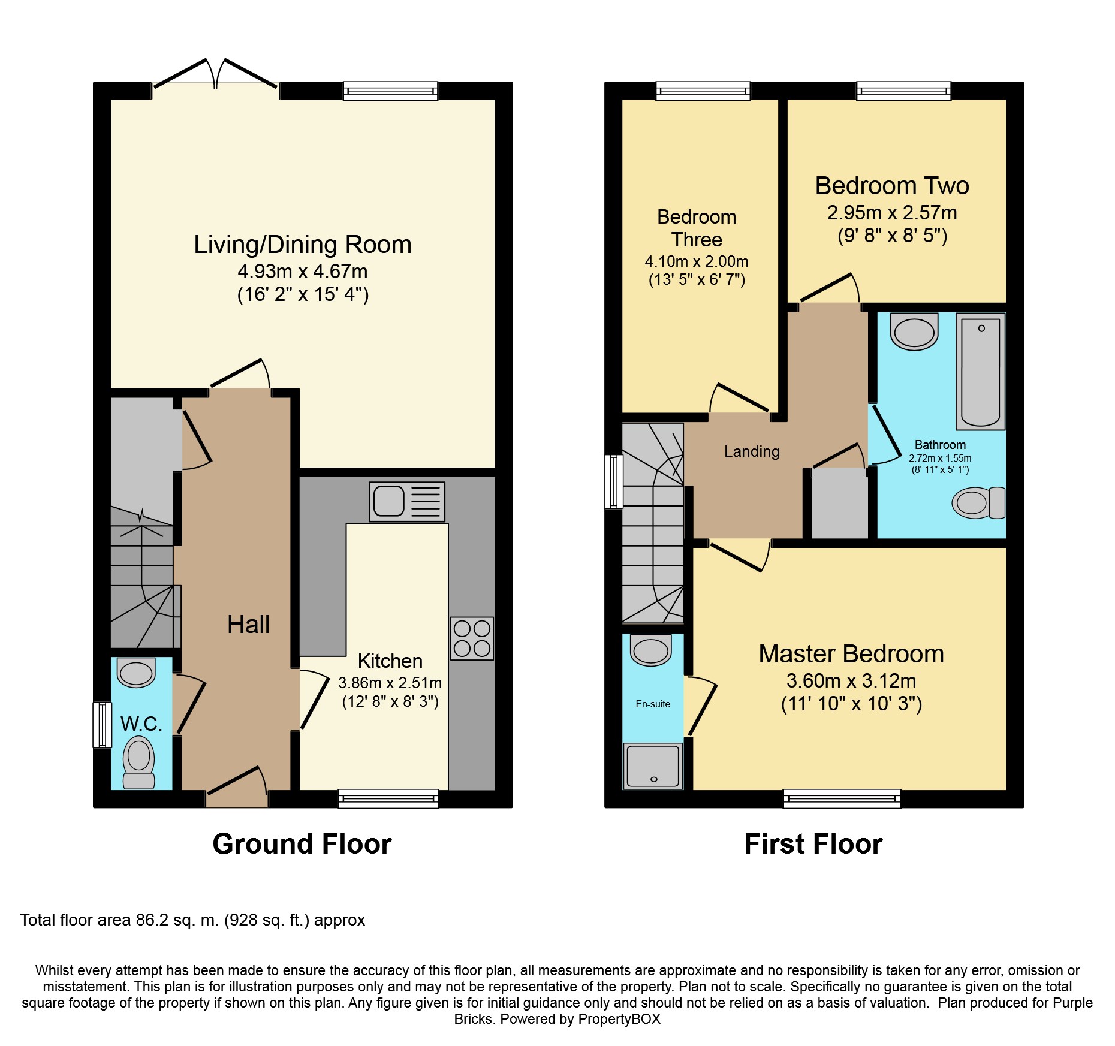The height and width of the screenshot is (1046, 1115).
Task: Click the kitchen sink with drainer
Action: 407,502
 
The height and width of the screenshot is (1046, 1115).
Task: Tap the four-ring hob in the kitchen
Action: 472,638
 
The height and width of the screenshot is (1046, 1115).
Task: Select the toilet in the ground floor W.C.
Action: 139,762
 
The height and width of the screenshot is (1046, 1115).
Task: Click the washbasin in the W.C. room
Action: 136,672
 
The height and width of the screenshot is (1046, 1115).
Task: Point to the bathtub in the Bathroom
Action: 981,372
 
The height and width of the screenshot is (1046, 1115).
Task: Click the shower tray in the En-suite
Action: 653,766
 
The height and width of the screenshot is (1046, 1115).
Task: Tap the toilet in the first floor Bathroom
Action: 978,502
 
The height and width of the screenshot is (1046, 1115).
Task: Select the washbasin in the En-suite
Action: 651,650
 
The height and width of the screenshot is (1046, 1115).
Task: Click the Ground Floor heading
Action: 302,844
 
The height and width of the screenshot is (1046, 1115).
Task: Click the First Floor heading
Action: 813,844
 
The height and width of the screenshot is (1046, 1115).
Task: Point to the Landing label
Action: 752,451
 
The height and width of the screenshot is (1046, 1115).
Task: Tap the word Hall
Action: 248,625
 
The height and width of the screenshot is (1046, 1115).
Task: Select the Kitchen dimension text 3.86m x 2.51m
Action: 390,683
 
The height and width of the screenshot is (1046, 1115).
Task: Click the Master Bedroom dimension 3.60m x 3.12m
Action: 851,681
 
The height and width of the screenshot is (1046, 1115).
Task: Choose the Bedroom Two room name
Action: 892,186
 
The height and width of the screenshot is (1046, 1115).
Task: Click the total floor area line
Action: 192,920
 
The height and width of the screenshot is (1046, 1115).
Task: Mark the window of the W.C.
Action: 103,725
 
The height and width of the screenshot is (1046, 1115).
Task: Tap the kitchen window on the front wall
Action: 388,798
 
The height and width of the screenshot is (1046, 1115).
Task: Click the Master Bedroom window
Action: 842,798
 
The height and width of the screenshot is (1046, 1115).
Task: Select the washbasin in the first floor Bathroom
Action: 914,331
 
